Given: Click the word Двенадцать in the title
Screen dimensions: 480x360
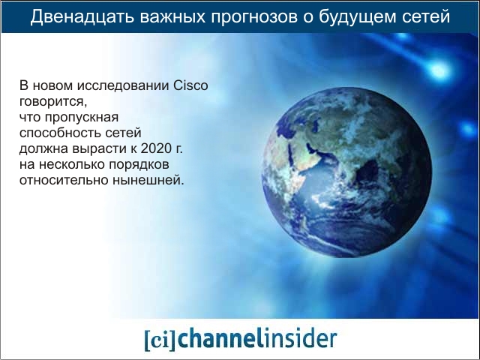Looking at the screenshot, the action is [x=82, y=16].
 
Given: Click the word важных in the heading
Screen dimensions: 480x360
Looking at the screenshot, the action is [x=172, y=16].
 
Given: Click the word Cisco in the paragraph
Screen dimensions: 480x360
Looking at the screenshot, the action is [x=190, y=85].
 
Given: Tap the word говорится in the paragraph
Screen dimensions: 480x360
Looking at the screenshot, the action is [x=53, y=102].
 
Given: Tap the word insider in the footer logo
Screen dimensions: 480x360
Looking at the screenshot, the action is [x=300, y=338].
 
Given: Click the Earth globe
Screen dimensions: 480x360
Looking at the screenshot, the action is [x=346, y=172].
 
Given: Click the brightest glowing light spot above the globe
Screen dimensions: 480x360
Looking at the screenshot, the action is [x=439, y=70].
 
